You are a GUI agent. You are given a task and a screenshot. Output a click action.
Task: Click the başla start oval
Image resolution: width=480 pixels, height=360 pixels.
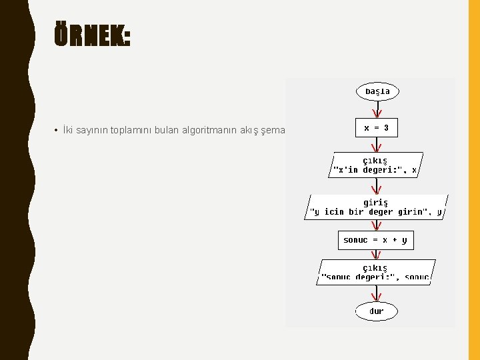[x=377, y=91]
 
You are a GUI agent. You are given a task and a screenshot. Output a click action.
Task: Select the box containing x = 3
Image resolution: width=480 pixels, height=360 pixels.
[x=376, y=127]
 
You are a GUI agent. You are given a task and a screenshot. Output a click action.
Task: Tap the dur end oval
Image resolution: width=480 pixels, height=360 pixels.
[x=377, y=311]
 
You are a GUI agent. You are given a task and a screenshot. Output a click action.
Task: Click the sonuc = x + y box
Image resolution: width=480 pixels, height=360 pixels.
[x=375, y=240]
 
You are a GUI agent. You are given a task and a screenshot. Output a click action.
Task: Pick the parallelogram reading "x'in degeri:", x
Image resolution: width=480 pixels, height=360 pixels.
[x=375, y=165]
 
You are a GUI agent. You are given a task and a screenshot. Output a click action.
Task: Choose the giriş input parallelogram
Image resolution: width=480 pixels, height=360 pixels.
[x=376, y=207]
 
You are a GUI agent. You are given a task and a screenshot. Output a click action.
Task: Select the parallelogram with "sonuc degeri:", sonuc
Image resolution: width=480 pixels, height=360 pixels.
[x=375, y=271]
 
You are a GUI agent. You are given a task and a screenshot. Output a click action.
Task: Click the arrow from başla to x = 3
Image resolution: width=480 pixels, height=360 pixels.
[x=377, y=109]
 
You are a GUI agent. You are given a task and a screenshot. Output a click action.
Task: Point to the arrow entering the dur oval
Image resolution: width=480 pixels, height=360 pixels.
[x=377, y=293]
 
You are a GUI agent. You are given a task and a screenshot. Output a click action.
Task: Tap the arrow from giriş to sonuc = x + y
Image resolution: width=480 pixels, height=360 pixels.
[x=376, y=225]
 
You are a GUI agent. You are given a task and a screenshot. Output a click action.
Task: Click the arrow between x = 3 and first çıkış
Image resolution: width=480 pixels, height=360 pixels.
[x=376, y=145]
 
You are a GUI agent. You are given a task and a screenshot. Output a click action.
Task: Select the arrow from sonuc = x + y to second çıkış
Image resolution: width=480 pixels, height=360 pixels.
[x=376, y=254]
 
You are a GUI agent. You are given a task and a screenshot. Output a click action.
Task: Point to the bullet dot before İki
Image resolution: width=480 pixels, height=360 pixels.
[x=57, y=130]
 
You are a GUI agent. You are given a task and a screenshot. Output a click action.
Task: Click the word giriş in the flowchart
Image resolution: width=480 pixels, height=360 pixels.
[x=375, y=202]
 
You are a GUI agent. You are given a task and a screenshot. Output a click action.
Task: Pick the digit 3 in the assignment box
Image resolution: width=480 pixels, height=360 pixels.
[x=387, y=127]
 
